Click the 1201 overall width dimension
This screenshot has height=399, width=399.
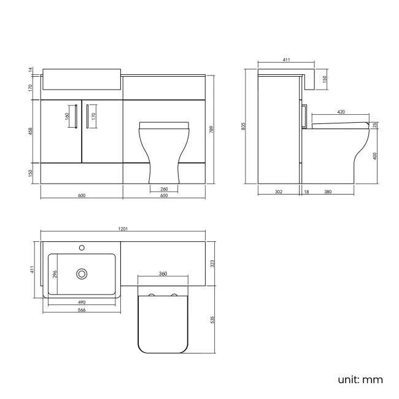point(123,229)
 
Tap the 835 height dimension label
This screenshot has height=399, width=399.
point(244,126)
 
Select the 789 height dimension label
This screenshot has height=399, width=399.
point(212,130)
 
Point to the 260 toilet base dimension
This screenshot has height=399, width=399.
point(164,189)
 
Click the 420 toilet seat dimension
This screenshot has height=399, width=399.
point(341,112)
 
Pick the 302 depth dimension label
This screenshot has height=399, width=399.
point(279,192)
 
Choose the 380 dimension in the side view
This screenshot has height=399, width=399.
point(328,192)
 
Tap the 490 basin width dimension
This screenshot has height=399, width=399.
point(82,302)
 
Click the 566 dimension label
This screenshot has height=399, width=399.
point(82,310)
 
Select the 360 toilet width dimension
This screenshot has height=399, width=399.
point(163,274)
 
